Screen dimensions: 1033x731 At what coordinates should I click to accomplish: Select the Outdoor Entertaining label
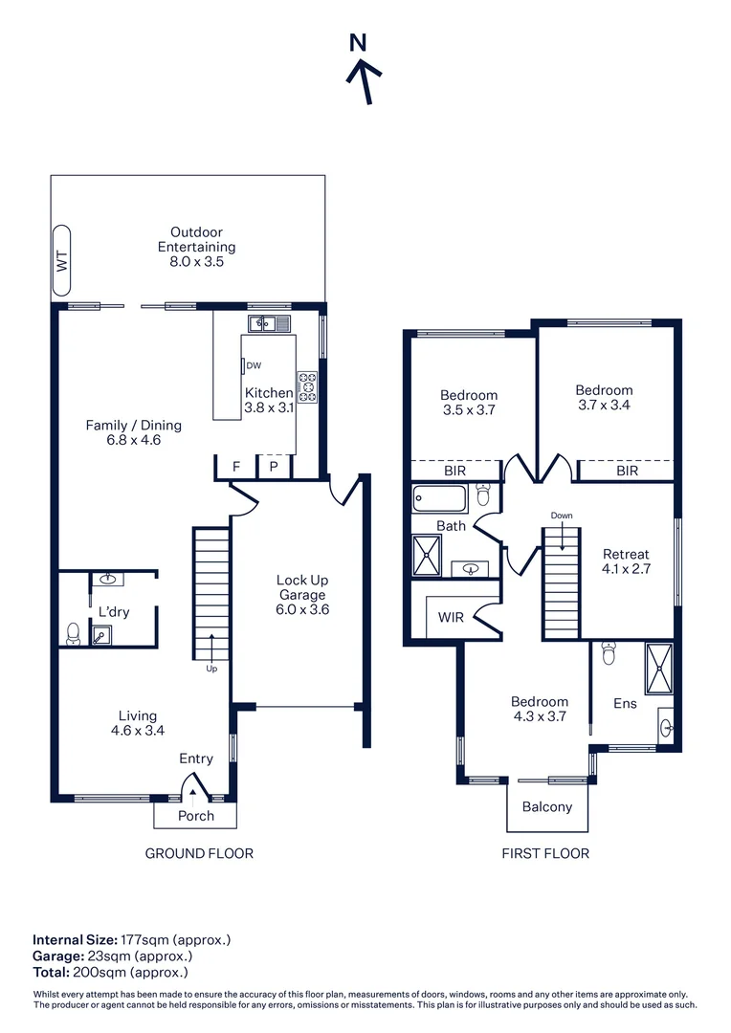click(x=196, y=246)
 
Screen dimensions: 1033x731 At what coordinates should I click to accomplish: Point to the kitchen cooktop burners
click(x=308, y=385)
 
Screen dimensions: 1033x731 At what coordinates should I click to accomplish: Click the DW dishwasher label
click(x=253, y=365)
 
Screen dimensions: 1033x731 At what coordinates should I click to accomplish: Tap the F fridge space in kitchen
click(x=236, y=467)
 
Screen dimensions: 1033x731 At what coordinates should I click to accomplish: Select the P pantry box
click(x=273, y=467)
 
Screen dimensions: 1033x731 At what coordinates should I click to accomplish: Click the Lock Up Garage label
click(x=302, y=594)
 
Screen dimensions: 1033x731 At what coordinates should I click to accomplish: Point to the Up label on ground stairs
click(x=211, y=669)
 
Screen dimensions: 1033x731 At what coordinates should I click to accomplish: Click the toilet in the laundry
click(x=72, y=632)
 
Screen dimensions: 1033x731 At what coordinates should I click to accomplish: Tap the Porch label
click(x=196, y=816)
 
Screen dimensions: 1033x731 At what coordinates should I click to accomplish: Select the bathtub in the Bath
click(x=439, y=498)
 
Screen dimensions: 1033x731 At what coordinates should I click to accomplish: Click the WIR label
click(x=451, y=617)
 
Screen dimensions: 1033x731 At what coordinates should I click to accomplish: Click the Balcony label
click(x=547, y=806)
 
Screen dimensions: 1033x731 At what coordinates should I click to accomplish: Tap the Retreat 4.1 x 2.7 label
click(x=626, y=560)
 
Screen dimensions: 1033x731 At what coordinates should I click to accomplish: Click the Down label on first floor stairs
click(x=562, y=516)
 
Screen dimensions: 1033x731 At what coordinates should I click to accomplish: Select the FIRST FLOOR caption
click(x=545, y=853)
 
